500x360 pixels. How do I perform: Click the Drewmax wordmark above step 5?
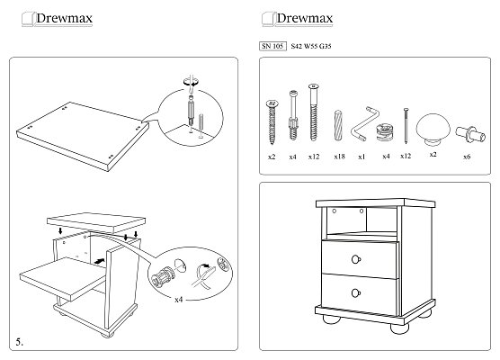coord(64,18)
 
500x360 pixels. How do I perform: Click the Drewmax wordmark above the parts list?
coord(305,18)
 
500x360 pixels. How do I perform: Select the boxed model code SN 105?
coord(272,46)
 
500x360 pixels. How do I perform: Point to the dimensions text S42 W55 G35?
coord(311,46)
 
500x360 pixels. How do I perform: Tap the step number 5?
coord(20,342)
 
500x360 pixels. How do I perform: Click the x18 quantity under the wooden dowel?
coord(339,157)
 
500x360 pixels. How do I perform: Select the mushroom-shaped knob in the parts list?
coord(433,130)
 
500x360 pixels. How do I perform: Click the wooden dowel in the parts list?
coord(338,125)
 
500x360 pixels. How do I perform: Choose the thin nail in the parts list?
coord(406,126)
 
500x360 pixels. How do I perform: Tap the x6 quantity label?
coord(467,157)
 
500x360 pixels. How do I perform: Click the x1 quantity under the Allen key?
coord(362,157)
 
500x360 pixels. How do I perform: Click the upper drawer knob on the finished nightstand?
coord(356,259)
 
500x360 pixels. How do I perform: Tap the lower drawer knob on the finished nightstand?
coord(356,292)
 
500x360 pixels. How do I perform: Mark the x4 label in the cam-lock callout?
coord(179,300)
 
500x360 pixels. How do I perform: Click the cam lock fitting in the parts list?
coord(385,132)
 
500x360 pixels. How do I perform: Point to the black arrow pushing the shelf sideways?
coord(100,261)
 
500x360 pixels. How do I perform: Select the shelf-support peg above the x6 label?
coord(470,134)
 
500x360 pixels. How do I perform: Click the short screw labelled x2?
coord(272,121)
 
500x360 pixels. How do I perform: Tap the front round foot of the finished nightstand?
coord(399,328)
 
